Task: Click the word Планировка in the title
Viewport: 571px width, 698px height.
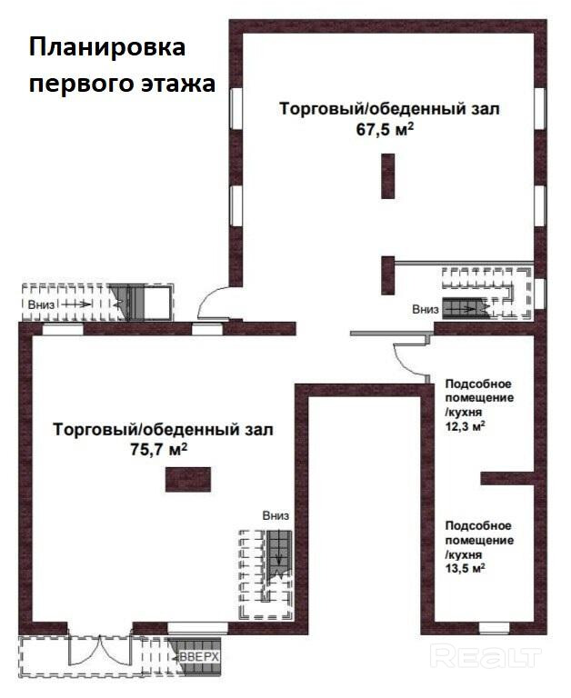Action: click(x=107, y=48)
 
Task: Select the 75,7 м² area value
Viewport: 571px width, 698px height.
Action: click(x=158, y=450)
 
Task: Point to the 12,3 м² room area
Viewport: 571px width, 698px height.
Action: click(x=465, y=426)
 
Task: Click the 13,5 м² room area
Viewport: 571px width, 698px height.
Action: click(x=465, y=568)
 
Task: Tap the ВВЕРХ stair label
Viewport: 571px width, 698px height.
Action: click(x=199, y=656)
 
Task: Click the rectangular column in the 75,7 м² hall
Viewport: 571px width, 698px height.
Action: click(x=188, y=480)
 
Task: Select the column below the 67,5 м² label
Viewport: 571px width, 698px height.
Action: click(x=388, y=175)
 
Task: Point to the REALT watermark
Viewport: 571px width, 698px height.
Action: click(x=486, y=656)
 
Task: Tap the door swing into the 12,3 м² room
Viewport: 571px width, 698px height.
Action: click(x=409, y=360)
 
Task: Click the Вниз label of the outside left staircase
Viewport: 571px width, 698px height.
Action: click(x=42, y=305)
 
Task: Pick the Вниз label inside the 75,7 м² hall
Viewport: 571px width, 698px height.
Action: click(x=275, y=515)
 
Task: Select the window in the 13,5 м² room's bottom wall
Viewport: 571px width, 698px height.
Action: click(x=494, y=628)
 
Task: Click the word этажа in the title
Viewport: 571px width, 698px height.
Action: click(x=179, y=84)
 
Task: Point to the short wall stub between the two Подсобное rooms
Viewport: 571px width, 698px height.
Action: click(x=506, y=478)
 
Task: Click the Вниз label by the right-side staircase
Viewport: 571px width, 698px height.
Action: click(x=426, y=309)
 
